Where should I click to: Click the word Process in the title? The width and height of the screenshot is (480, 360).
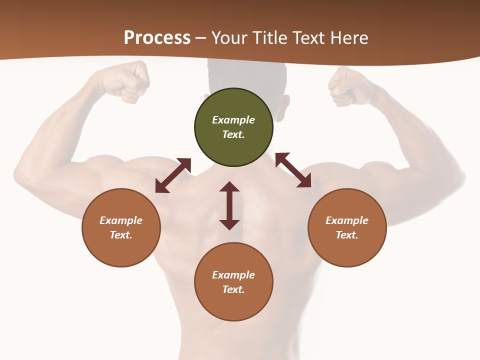[x=157, y=38]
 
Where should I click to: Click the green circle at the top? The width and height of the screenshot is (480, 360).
[x=233, y=127]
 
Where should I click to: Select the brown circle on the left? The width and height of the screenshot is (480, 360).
[x=121, y=227]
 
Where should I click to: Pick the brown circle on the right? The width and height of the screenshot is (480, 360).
[x=347, y=227]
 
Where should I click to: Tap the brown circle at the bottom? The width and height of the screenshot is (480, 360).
[x=233, y=282]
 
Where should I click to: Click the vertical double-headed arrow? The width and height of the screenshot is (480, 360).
[x=229, y=205]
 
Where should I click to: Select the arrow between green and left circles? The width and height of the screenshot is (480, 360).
[x=173, y=175]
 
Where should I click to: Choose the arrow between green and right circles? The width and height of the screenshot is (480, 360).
[x=293, y=170]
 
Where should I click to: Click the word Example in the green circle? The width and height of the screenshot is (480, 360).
[x=233, y=120]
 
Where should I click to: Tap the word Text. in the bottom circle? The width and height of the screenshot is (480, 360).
[x=233, y=289]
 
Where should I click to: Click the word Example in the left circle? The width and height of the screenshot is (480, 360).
[x=121, y=220]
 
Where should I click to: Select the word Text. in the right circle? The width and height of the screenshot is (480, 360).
[x=347, y=235]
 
